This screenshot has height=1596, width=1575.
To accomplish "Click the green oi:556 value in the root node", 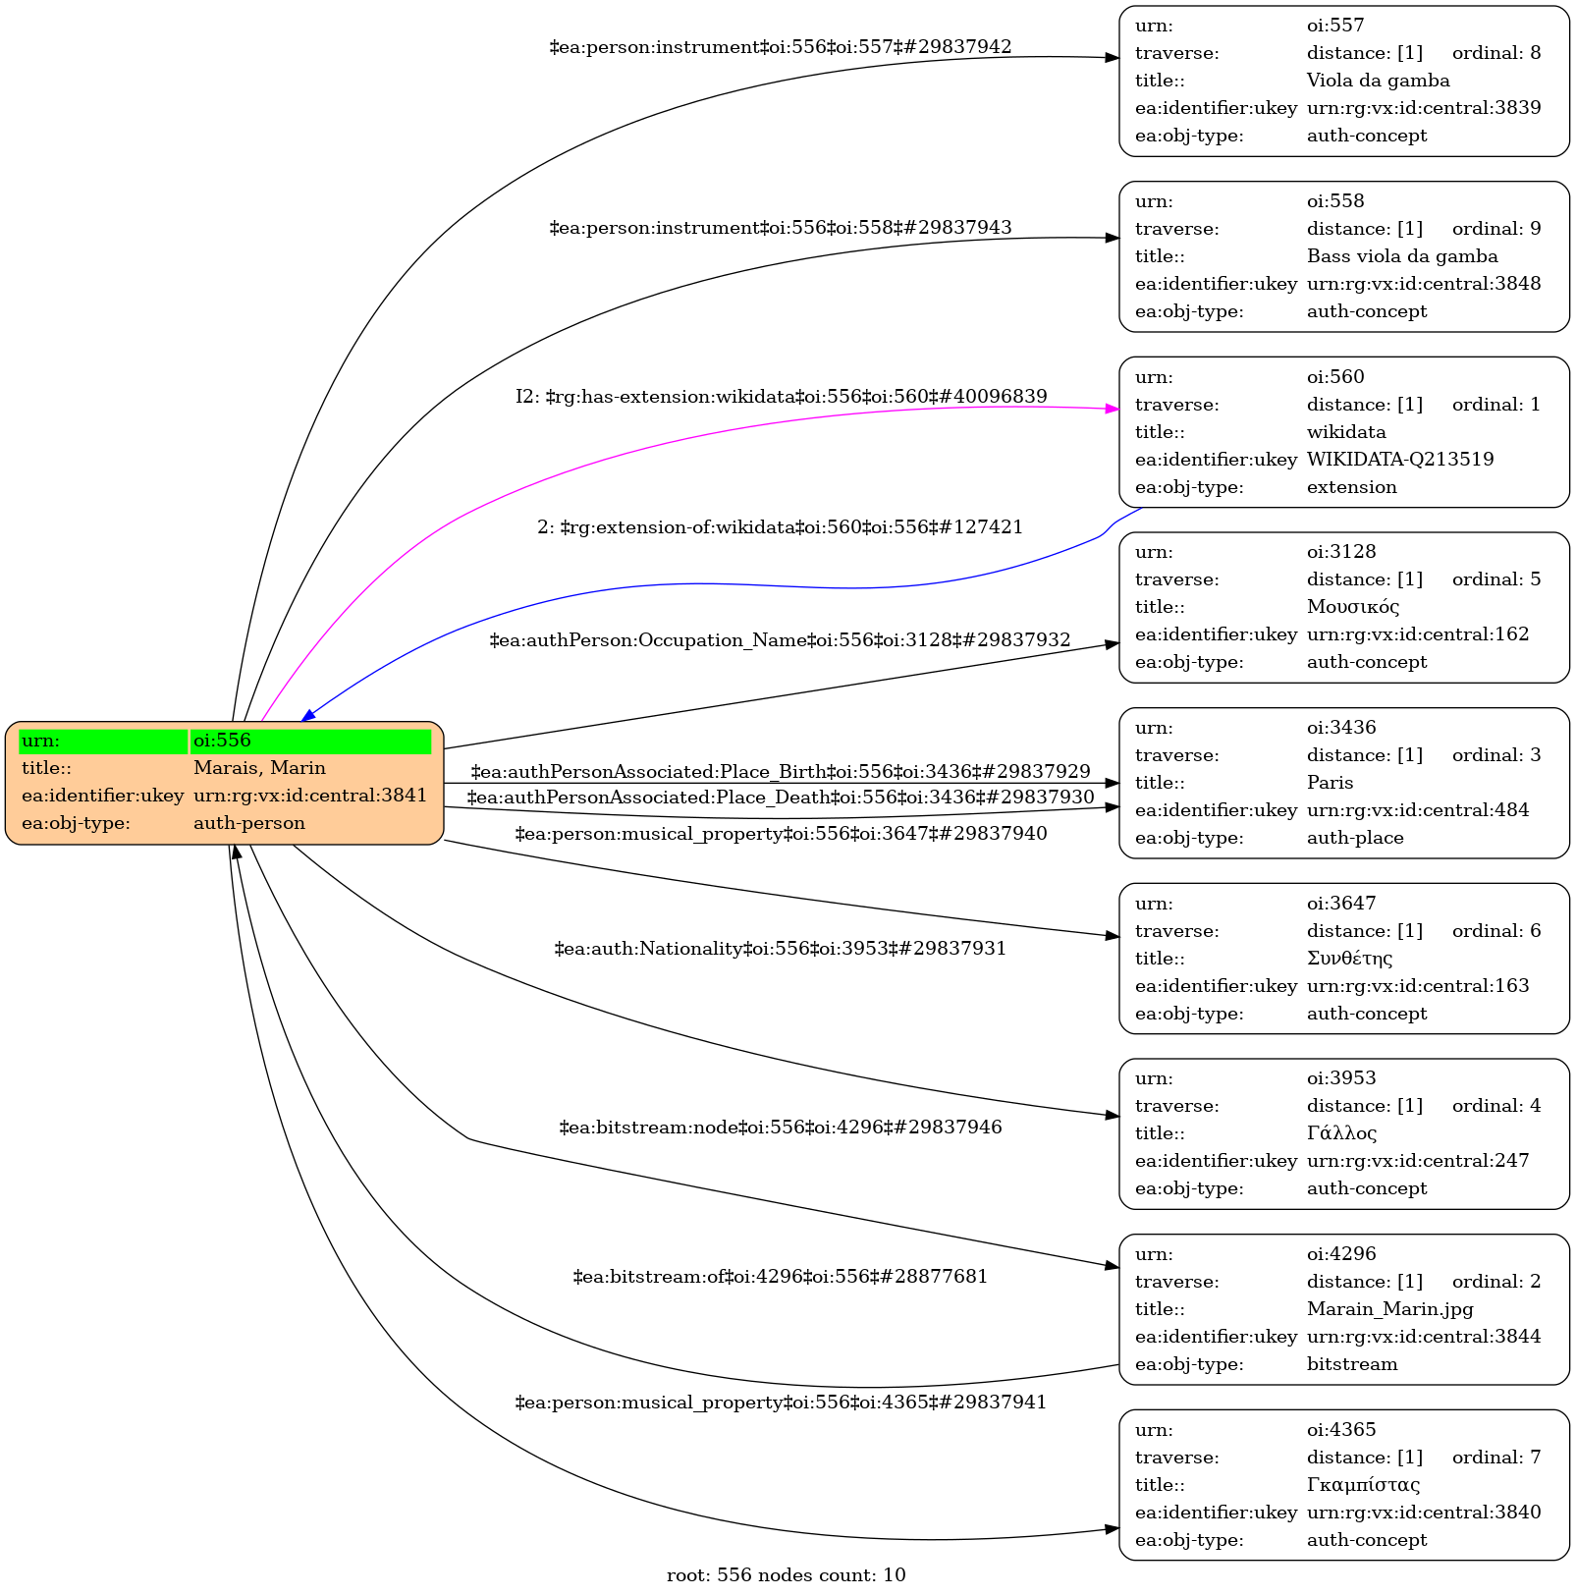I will coord(310,741).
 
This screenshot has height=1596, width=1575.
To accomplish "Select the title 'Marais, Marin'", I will coord(259,768).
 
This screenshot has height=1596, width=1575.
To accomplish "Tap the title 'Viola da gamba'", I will coord(1378,81).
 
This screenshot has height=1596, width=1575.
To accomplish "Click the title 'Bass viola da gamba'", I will coord(1402,256).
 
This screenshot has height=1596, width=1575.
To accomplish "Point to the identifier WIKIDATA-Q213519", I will coord(1400,460).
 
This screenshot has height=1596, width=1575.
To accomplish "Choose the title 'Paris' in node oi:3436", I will coord(1330,783).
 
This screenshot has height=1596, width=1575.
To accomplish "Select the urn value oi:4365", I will coord(1341,1430).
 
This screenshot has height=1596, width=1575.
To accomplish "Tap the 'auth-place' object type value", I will coord(1355,838).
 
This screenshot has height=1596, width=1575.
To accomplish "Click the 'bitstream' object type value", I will coord(1352,1364).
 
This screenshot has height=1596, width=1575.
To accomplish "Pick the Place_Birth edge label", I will coord(781,772).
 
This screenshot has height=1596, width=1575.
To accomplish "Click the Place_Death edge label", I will coord(781,798).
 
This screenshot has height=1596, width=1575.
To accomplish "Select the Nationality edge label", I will coord(781,949).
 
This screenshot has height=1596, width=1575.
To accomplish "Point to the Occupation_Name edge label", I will coord(781,640).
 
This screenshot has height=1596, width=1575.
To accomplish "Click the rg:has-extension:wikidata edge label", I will coord(782,397).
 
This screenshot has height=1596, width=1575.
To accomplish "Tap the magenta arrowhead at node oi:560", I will coord(1113,409).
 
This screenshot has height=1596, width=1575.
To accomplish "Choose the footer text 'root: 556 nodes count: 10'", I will coord(786,1575).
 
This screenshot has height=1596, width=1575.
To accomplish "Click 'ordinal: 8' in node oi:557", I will coord(1496,53).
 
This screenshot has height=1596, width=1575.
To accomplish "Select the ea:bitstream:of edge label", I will coord(781,1277).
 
